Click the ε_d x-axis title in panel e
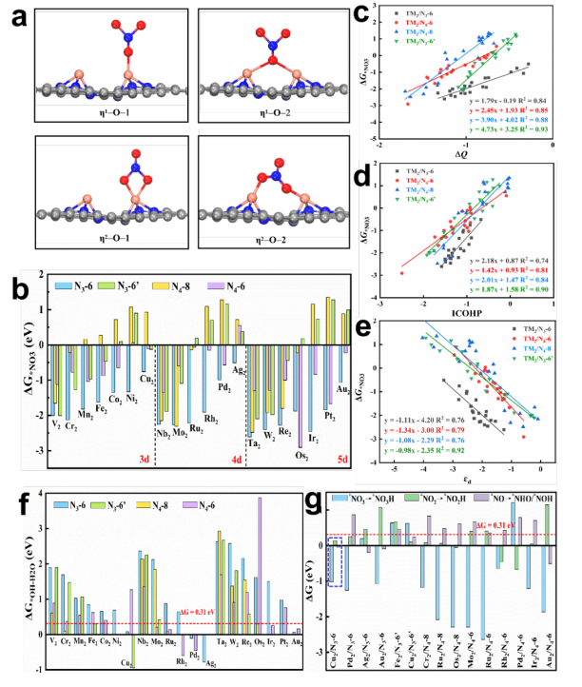click(x=464, y=470)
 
